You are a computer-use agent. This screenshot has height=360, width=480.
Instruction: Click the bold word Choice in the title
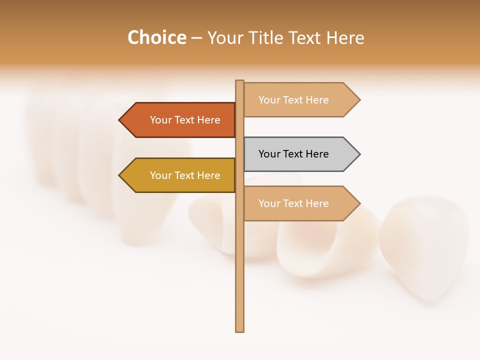pos(156,37)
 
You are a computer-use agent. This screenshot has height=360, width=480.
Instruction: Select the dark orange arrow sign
pos(180,120)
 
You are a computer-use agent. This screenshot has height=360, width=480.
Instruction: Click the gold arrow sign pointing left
pos(180,175)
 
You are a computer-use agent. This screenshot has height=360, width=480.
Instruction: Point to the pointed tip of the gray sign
pos(359,154)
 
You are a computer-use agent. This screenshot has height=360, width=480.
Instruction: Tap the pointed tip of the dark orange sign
pos(120,120)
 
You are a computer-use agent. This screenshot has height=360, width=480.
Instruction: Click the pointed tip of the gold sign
pos(120,175)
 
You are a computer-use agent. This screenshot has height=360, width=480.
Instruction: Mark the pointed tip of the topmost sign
pos(359,100)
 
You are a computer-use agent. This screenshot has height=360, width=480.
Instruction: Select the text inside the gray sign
pos(293,154)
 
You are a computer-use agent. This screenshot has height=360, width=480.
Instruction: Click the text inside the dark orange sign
pos(185,120)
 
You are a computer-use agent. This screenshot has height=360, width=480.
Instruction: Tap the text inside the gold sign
pos(185,175)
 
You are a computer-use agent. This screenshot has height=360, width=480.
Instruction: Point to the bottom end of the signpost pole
pos(240,330)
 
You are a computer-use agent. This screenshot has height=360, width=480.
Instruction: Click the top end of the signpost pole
pos(240,81)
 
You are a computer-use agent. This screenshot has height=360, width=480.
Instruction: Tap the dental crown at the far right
pos(425,245)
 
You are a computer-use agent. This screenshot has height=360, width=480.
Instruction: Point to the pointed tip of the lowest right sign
pos(359,203)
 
